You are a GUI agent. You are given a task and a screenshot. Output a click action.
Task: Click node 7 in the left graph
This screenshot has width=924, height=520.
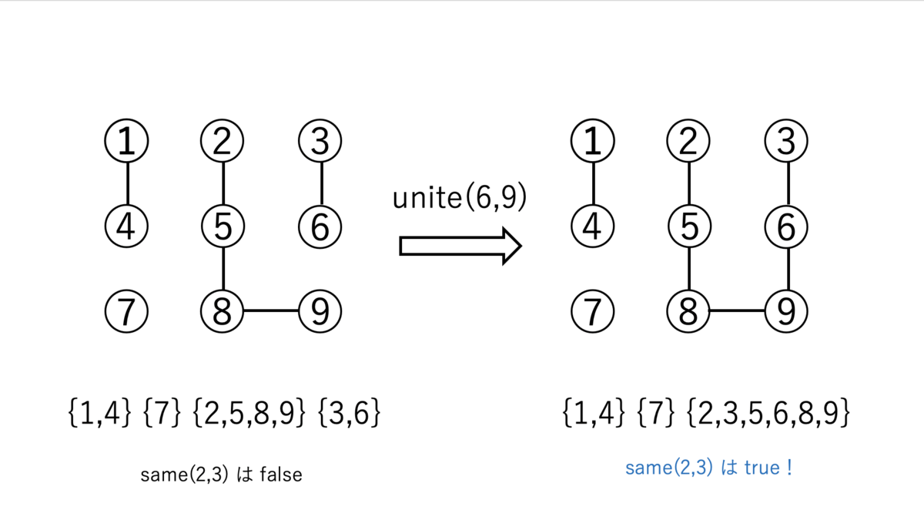(126, 311)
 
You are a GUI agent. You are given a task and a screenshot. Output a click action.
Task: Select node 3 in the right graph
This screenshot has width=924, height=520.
(786, 141)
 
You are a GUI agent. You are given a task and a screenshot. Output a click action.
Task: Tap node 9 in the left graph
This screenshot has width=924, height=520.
(320, 311)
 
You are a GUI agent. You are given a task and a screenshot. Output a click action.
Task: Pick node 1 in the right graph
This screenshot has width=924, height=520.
(593, 141)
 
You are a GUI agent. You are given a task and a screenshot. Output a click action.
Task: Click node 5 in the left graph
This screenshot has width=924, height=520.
(223, 226)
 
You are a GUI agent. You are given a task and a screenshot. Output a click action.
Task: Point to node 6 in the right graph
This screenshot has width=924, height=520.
(786, 226)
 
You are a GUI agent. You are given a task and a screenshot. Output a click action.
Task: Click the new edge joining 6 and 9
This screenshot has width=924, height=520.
(788, 269)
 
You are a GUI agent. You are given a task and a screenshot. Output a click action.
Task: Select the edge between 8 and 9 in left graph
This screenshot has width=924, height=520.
(271, 310)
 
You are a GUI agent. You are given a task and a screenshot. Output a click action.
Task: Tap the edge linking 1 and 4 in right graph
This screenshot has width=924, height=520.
(594, 183)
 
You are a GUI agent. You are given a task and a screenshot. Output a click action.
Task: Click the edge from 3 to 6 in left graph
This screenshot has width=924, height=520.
(322, 183)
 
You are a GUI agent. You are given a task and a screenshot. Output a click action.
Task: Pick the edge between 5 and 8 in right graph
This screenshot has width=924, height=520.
(689, 269)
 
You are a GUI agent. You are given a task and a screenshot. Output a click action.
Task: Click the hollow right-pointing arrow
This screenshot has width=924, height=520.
(460, 246)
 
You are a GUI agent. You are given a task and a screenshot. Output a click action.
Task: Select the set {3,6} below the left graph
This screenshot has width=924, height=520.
(349, 412)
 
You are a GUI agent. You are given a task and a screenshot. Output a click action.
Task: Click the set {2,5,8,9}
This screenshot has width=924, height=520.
(249, 412)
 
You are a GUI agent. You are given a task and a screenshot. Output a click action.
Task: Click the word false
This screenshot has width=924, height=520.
(281, 475)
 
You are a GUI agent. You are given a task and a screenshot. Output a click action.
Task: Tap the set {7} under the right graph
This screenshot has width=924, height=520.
(656, 412)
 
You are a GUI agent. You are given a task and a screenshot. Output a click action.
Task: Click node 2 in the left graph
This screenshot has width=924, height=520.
(222, 141)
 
